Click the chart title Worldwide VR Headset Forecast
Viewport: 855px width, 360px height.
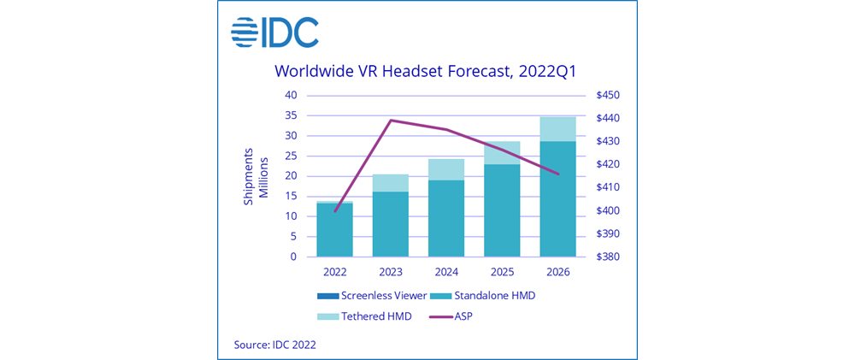tap(427, 71)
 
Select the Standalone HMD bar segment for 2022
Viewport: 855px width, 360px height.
tap(334, 229)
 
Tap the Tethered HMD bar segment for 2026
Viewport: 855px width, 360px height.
tap(557, 128)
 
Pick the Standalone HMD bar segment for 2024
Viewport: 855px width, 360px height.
tap(445, 218)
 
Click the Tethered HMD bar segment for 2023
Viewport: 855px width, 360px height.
tap(390, 183)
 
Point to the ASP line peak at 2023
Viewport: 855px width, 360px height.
tap(391, 121)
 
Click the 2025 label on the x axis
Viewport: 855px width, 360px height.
tap(502, 272)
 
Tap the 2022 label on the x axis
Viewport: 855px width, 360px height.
tap(334, 272)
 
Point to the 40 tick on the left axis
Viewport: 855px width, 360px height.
tap(291, 95)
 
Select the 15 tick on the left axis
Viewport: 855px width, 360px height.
tap(291, 196)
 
